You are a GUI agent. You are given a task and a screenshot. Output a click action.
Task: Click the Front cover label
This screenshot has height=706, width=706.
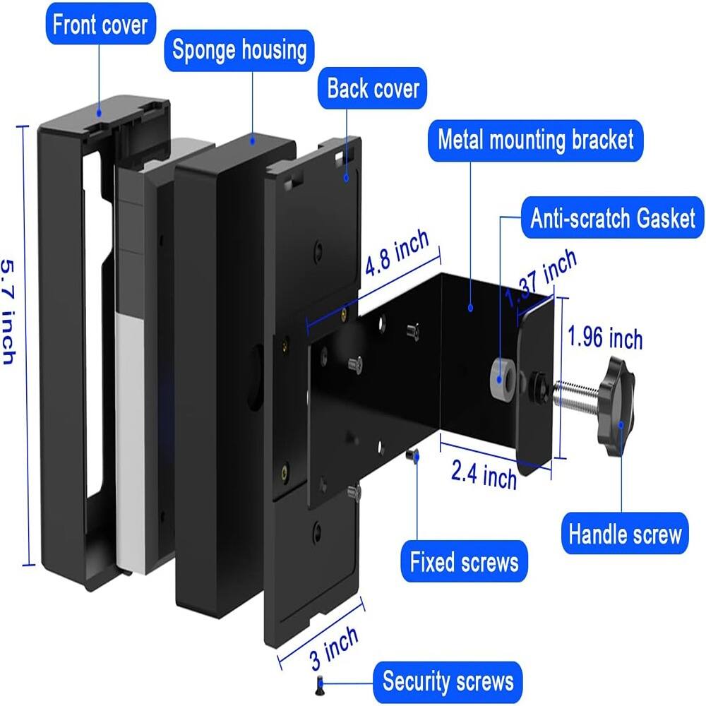click(x=100, y=25)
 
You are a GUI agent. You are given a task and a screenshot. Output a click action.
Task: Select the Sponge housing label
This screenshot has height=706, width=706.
click(x=239, y=51)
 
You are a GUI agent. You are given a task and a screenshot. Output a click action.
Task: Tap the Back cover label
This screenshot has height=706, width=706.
click(x=373, y=89)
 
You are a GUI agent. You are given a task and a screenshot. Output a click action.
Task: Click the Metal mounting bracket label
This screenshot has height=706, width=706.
click(x=535, y=139)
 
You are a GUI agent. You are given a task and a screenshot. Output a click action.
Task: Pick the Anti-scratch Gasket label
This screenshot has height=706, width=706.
click(x=613, y=218)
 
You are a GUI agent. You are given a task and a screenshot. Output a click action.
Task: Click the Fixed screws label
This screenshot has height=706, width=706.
click(x=464, y=563)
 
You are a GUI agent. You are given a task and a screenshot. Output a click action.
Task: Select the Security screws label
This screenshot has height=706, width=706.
click(x=448, y=682)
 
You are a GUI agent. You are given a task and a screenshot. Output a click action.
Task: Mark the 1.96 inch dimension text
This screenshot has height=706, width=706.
click(x=606, y=339)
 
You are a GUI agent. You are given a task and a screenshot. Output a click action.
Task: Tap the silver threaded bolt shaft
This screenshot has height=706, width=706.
click(x=576, y=393)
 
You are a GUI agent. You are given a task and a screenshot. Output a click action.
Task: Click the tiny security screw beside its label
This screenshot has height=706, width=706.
click(x=318, y=682)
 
